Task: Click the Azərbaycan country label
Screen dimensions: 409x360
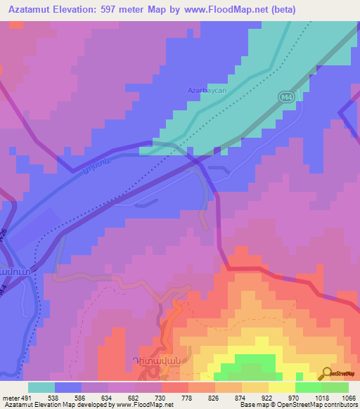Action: coord(205,91)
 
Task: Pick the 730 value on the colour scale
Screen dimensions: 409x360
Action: coord(161,397)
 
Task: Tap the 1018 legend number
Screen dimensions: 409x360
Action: coord(321,397)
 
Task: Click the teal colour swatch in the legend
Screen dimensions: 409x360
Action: coord(41,387)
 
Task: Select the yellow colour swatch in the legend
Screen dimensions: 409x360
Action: coord(281,387)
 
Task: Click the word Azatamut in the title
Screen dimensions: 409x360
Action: coord(30,10)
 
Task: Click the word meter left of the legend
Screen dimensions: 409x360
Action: coord(9,397)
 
